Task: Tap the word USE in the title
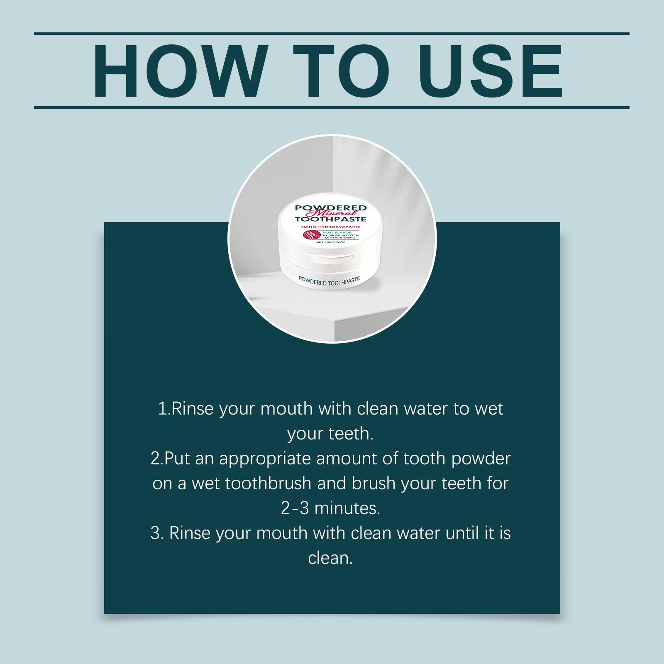(490, 71)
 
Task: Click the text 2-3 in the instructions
(295, 509)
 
